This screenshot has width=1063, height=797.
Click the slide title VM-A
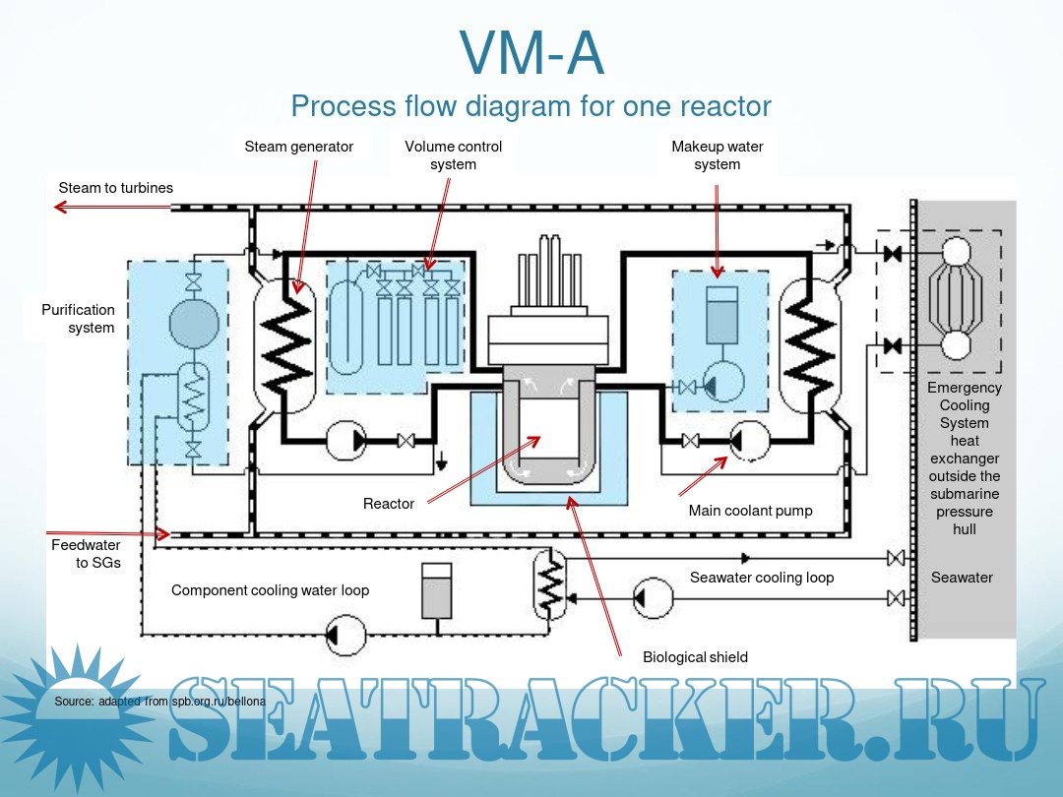point(531,54)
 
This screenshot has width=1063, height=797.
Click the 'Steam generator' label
point(299,147)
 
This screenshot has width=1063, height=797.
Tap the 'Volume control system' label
point(453,155)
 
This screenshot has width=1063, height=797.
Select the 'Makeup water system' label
point(718,155)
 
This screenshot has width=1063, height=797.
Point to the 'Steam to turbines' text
point(115,187)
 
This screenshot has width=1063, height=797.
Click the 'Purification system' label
point(78,319)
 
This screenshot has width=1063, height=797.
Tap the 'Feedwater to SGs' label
point(86,553)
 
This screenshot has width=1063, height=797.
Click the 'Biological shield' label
point(695,657)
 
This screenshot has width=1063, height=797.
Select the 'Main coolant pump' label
point(750,511)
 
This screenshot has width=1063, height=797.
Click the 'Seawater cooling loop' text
point(761,578)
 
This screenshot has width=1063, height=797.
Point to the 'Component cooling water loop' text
point(270,590)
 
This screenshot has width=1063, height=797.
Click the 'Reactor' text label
point(389,504)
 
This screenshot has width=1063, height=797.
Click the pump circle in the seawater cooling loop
point(653,597)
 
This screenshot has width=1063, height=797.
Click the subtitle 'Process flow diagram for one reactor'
point(531,106)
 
